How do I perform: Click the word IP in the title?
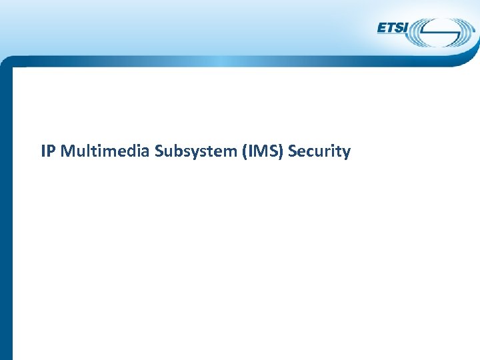[x=48, y=152]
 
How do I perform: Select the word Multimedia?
[x=105, y=152]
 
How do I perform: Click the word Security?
[x=319, y=152]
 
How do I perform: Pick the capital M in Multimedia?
[x=67, y=152]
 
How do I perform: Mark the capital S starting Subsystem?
[x=159, y=152]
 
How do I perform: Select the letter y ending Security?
[x=346, y=153]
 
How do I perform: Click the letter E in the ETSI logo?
[x=382, y=28]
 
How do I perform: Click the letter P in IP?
[x=52, y=152]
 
